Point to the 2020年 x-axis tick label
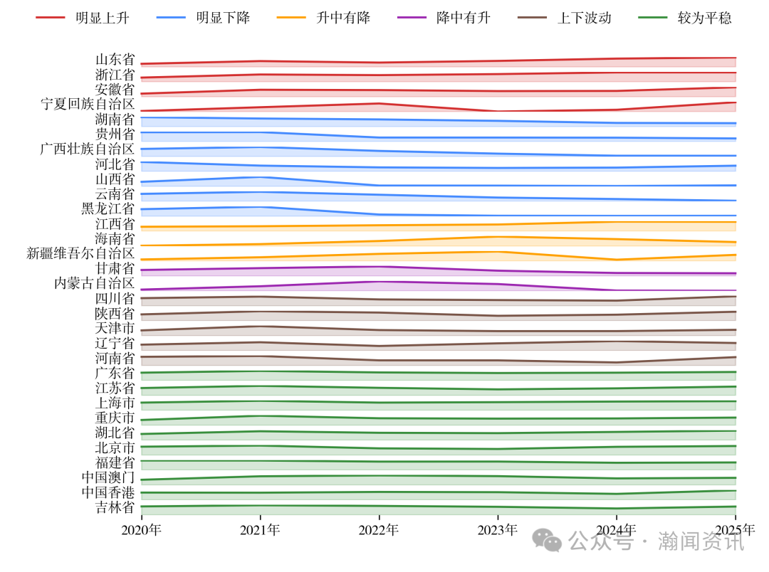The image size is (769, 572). [x=141, y=529]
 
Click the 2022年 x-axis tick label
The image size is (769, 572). [x=379, y=529]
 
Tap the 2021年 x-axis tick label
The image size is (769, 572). [x=260, y=529]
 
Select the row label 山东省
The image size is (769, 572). [x=115, y=60]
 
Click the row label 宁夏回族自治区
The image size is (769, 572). [x=88, y=104]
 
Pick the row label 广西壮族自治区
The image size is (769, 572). [x=88, y=149]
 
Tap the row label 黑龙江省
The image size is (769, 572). [x=108, y=208]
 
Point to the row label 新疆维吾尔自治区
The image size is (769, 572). [x=80, y=253]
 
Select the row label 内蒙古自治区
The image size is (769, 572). [x=95, y=283]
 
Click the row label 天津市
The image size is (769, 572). [x=115, y=328]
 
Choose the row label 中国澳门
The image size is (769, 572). [x=108, y=477]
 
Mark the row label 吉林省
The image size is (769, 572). [x=115, y=507]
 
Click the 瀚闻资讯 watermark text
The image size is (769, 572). [x=701, y=541]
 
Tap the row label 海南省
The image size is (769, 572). [x=115, y=238]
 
